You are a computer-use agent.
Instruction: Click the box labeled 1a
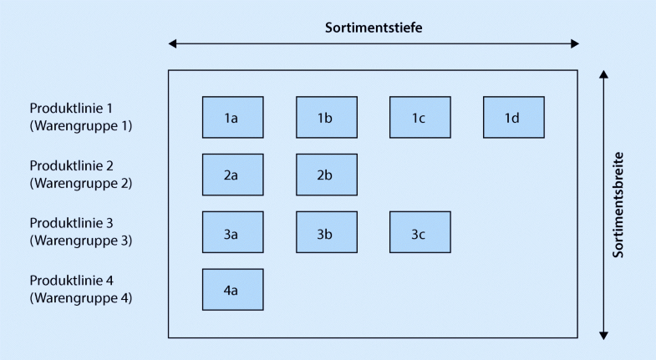point(232,117)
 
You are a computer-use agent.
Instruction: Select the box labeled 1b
point(326,117)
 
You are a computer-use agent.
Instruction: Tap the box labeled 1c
point(420,117)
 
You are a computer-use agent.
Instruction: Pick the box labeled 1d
point(513,117)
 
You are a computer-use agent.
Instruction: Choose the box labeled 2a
point(232,175)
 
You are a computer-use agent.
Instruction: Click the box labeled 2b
point(326,175)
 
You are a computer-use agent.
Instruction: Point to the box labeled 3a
point(232,232)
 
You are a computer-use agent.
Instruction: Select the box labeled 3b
point(326,232)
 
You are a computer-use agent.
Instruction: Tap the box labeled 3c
point(420,232)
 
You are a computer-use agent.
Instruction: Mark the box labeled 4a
point(232,289)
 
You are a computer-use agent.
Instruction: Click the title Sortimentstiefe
point(374,27)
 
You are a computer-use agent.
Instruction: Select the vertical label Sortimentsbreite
point(619,204)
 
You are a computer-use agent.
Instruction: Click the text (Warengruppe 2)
point(81,183)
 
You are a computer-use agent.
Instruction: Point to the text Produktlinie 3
point(69,223)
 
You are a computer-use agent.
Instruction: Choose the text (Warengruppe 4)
point(81,297)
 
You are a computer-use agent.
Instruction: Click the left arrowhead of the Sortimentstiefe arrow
point(172,43)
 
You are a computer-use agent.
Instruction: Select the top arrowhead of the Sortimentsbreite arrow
point(603,75)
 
